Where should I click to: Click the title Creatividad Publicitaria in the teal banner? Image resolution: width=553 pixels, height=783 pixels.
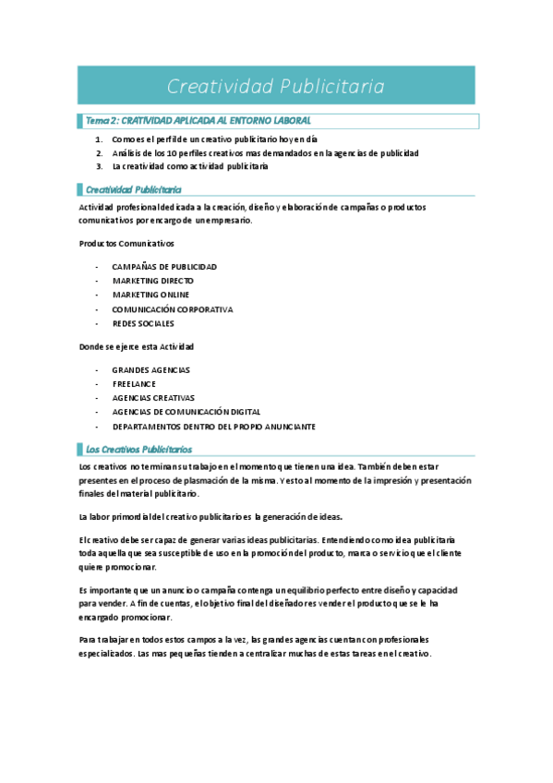point(276,86)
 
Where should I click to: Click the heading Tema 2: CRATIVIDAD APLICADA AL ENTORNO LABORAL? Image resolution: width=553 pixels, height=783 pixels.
point(198,121)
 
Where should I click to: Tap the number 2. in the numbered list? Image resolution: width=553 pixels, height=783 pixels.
point(99,152)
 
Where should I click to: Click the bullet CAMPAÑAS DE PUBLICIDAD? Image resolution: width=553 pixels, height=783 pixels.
point(164,267)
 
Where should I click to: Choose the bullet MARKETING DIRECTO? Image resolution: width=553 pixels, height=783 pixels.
point(151,281)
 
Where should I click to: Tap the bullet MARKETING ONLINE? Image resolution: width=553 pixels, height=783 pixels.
point(150,295)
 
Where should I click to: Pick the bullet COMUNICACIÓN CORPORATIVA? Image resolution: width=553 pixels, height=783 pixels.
point(173,309)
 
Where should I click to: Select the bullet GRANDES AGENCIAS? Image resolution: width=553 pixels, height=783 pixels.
point(150,369)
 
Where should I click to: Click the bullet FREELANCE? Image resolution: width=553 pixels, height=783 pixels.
point(134,383)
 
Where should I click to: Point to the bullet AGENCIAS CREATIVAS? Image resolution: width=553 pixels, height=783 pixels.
point(153,398)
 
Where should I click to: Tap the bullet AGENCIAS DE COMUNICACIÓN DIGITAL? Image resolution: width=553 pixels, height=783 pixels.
point(186,412)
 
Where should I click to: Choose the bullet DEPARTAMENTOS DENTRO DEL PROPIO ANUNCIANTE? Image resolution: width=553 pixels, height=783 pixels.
point(213,427)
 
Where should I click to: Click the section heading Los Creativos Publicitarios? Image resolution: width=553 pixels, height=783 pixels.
point(138,449)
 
